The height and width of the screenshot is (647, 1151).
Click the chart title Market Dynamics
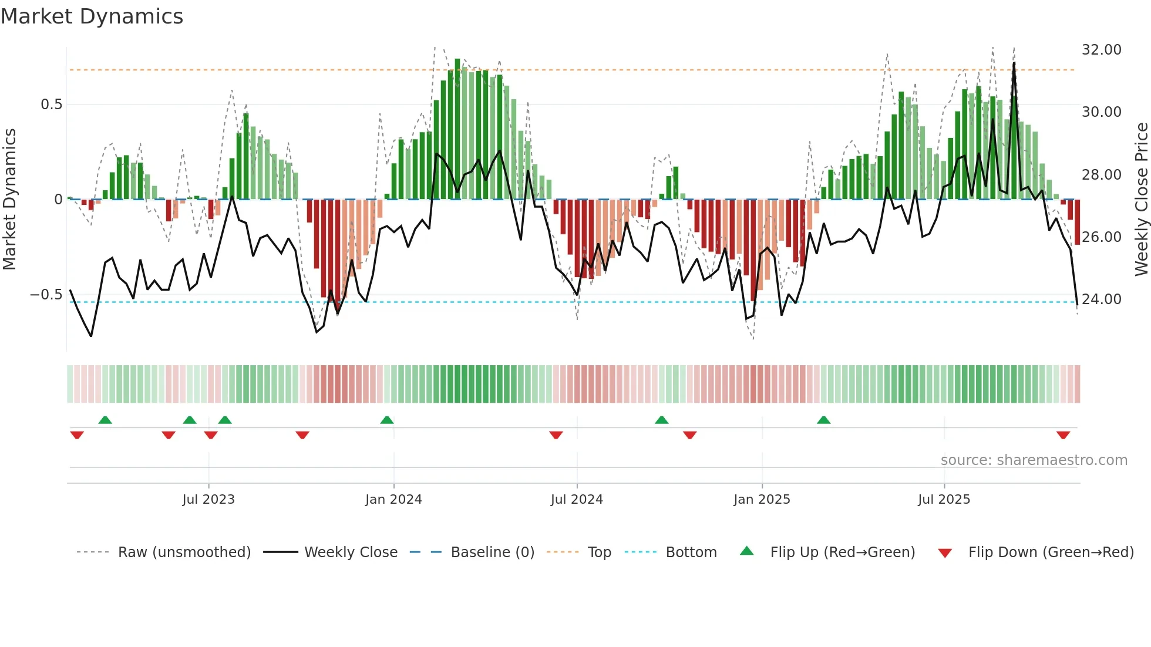92,16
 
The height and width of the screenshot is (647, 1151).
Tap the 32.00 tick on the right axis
1101,50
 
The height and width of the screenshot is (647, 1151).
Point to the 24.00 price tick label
1101,299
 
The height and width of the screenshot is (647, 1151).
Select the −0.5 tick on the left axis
46,295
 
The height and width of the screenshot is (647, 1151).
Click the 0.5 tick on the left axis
51,105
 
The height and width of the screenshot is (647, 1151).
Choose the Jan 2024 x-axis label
393,500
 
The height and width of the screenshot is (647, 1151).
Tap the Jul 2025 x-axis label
944,500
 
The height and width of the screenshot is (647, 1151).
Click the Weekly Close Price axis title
1141,200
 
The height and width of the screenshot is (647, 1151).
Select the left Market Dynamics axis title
9,200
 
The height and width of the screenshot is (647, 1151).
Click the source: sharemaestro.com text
1034,460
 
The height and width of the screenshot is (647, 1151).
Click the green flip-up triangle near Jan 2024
386,420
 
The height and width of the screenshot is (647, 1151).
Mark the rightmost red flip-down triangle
1063,435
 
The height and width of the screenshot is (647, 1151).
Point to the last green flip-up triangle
823,420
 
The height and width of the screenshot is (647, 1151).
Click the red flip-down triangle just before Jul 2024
556,435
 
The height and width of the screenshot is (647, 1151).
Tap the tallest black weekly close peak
1014,64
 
